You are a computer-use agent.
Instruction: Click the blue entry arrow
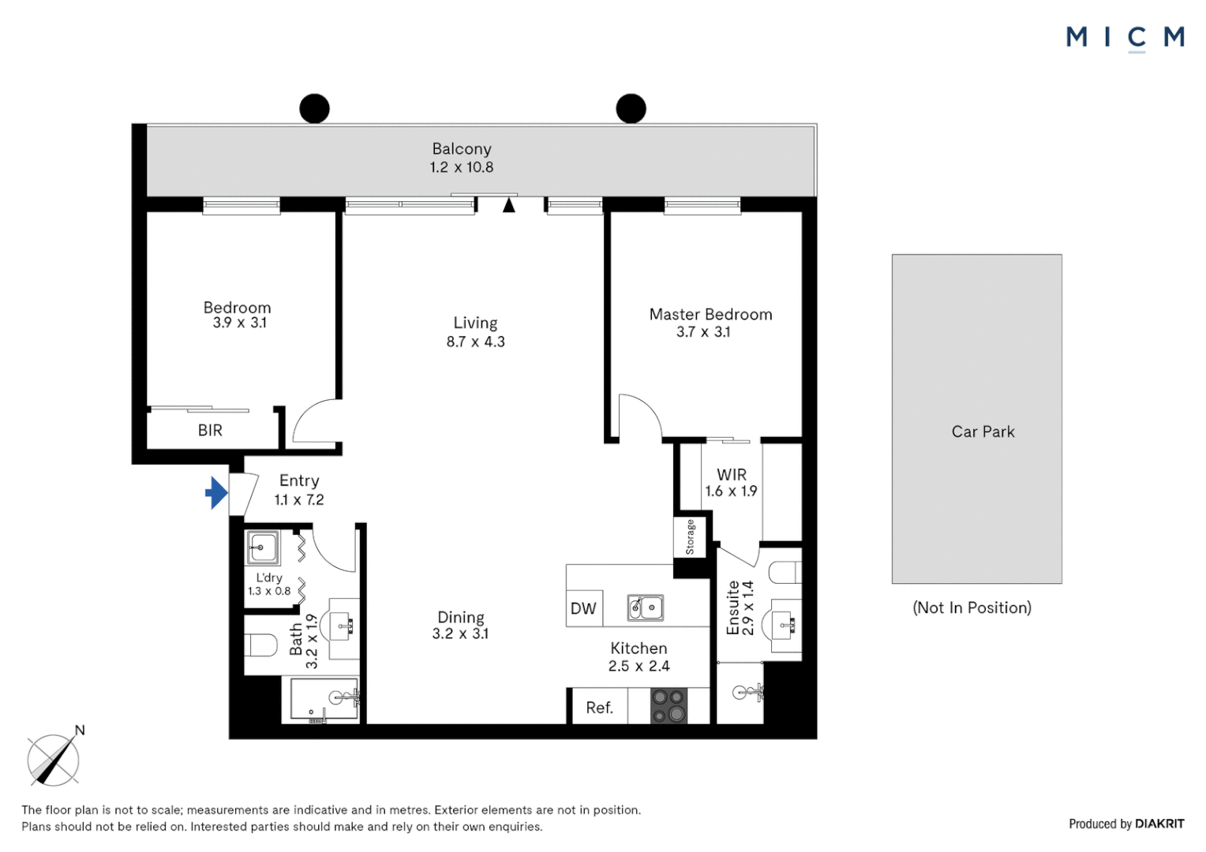tap(216, 493)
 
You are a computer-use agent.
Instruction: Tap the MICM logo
tap(1125, 37)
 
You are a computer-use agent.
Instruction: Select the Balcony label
tap(462, 149)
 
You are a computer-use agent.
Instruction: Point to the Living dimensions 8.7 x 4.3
tap(475, 342)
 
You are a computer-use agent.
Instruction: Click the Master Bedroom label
tap(710, 315)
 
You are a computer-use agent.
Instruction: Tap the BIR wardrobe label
tap(210, 431)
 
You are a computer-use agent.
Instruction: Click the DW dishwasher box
tap(584, 608)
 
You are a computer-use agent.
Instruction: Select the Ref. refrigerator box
tap(599, 708)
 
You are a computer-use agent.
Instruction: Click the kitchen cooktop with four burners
tap(669, 706)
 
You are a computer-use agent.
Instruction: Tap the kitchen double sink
tap(645, 607)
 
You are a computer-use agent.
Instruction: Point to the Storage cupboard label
tap(690, 537)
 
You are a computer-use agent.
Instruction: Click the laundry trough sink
tap(262, 547)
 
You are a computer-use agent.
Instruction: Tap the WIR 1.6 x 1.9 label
tap(731, 483)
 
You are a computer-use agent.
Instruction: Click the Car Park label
tap(983, 432)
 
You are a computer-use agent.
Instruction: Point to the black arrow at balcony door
tap(509, 206)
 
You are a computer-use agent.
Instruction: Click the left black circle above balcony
tap(314, 109)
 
